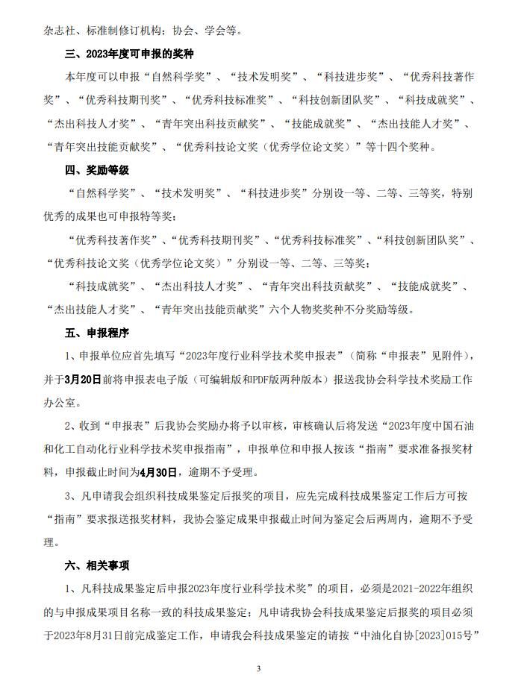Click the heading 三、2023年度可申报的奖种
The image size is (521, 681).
[131, 54]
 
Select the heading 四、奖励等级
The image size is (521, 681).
[96, 170]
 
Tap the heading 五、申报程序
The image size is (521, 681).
[96, 332]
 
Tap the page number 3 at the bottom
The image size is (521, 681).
[258, 668]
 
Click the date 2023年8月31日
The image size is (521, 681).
[90, 637]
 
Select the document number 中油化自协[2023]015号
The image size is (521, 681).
[419, 637]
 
